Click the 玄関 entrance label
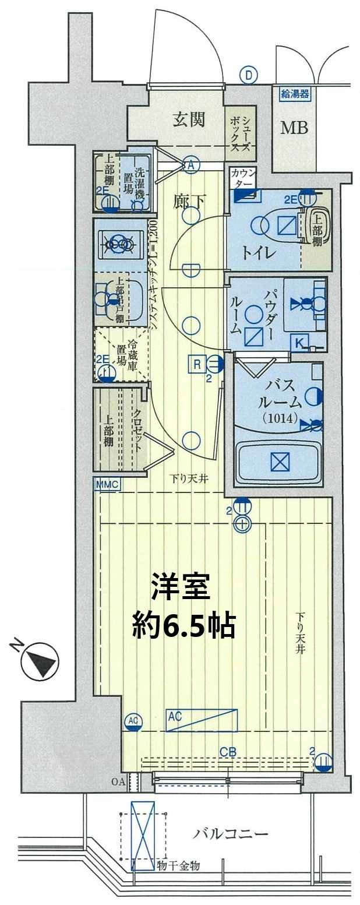click(188, 119)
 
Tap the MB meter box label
click(295, 128)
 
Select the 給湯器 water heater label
click(295, 93)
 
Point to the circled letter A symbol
click(190, 164)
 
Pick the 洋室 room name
click(180, 587)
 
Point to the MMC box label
click(106, 483)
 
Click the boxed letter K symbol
click(298, 343)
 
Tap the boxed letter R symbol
click(197, 365)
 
